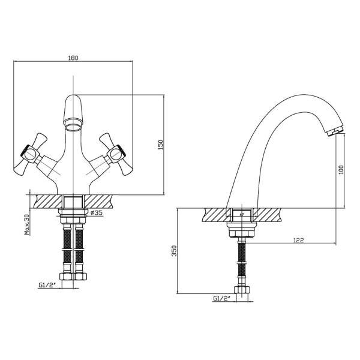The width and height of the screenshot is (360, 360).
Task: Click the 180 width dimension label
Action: pyautogui.click(x=73, y=58)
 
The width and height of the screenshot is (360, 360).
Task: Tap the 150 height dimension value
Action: pyautogui.click(x=160, y=145)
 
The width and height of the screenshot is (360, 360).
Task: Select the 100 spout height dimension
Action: pyautogui.click(x=341, y=170)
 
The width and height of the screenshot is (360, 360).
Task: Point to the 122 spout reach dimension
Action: pyautogui.click(x=298, y=241)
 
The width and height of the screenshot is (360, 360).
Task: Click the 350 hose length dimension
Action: pyautogui.click(x=175, y=251)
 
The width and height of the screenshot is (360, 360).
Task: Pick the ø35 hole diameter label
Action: pyautogui.click(x=97, y=213)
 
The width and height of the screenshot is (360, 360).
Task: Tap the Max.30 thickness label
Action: pyautogui.click(x=28, y=224)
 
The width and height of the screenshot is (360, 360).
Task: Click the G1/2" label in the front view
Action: pyautogui.click(x=47, y=285)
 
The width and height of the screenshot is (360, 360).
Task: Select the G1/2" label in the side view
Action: pyautogui.click(x=222, y=298)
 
